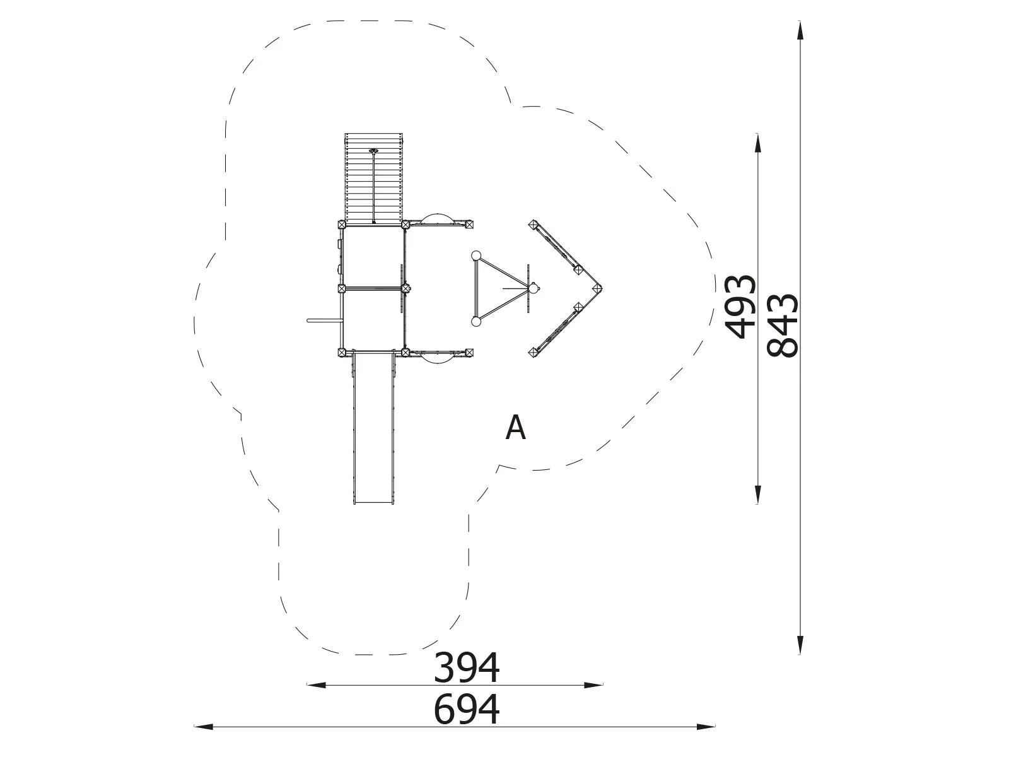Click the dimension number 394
pos(466,668)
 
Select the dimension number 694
pos(466,709)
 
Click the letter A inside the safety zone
pos(515,428)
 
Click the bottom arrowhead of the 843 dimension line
pos(800,644)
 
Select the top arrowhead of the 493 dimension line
pos(757,143)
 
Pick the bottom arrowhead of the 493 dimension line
pos(757,494)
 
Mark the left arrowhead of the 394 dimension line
pos(317,685)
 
